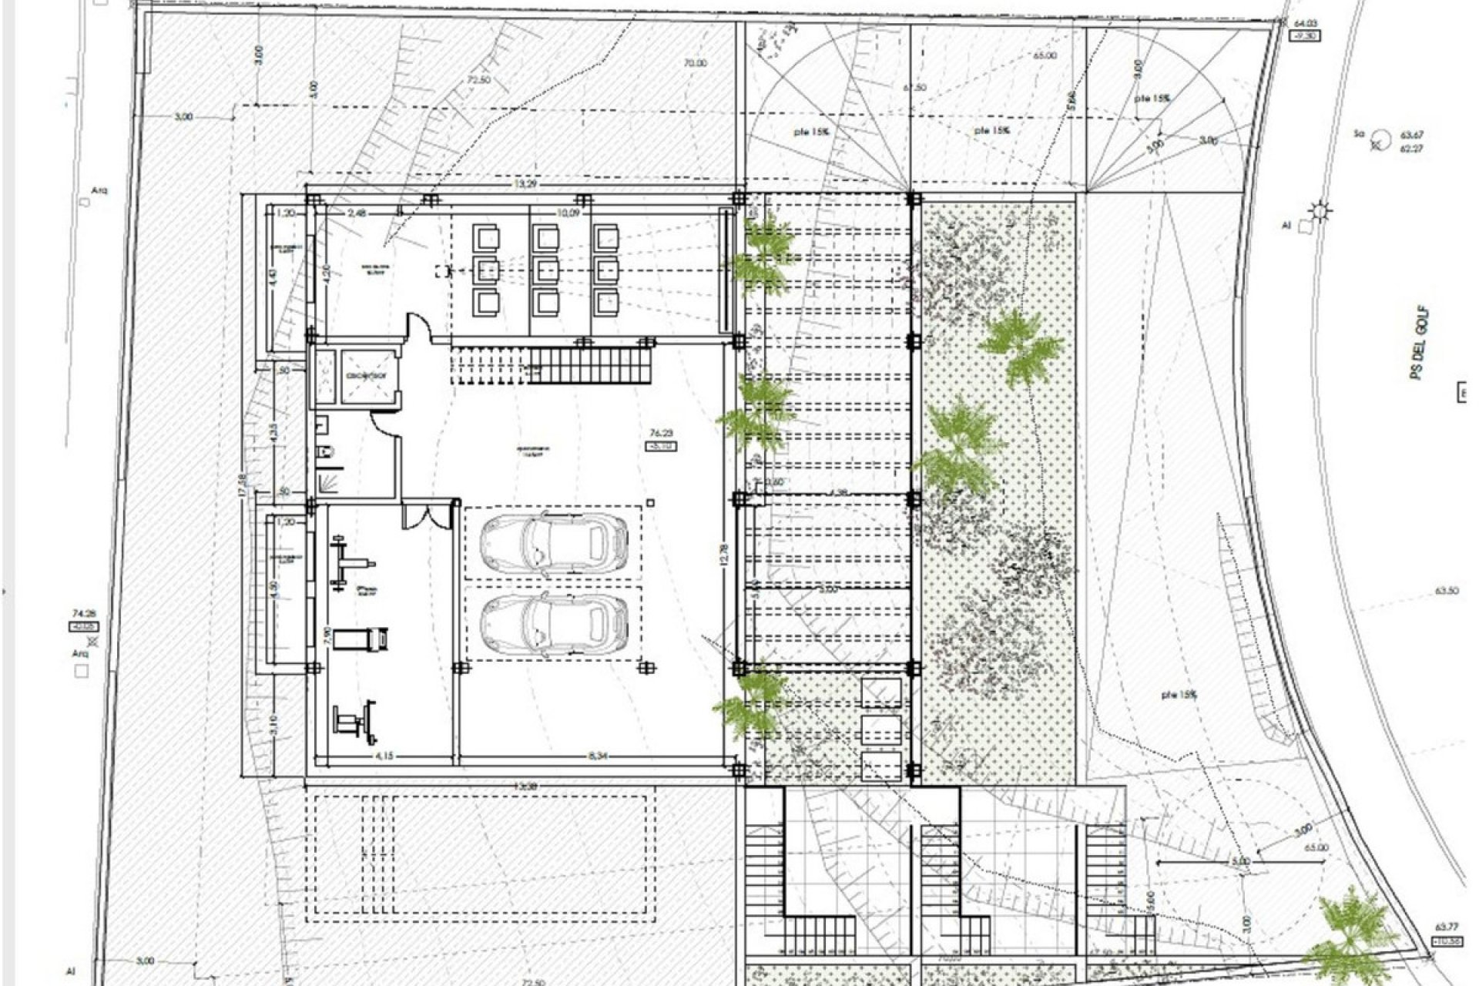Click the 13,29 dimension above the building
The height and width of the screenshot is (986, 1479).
(527, 184)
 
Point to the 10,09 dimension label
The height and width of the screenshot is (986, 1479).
(568, 213)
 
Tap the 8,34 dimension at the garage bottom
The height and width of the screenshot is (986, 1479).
(598, 756)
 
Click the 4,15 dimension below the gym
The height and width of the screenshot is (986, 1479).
(384, 756)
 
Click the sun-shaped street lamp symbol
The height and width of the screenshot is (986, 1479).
(1322, 210)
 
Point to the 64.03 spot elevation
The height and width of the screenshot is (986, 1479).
(1302, 24)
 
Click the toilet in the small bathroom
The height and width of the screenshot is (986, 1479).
(324, 454)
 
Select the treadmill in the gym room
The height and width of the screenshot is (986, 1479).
(362, 638)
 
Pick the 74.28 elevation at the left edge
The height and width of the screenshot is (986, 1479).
(82, 613)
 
